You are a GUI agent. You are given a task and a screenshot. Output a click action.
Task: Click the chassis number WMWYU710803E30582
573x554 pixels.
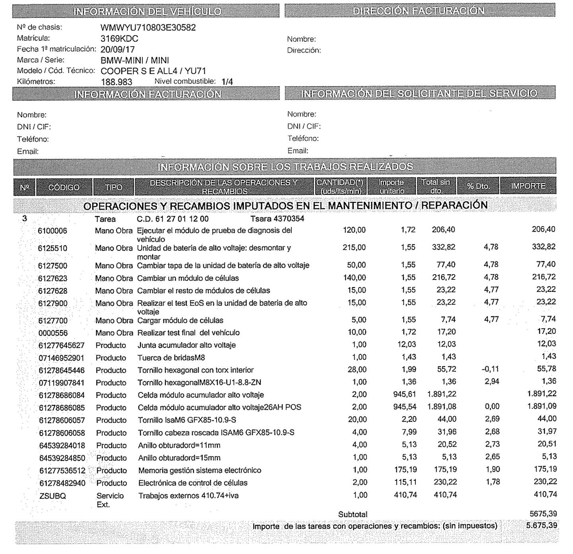(x=148, y=28)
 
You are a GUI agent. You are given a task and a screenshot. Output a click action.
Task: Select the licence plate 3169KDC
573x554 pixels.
(x=119, y=39)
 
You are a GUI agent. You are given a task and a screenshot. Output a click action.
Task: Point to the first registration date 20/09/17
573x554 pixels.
(x=118, y=50)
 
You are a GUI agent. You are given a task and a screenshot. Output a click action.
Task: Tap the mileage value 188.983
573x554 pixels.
(x=117, y=82)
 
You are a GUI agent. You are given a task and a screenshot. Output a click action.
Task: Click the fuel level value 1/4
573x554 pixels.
(x=227, y=82)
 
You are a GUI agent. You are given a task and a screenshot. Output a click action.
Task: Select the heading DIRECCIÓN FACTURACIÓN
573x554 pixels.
(x=419, y=11)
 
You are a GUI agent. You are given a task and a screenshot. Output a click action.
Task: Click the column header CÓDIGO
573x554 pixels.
(x=64, y=187)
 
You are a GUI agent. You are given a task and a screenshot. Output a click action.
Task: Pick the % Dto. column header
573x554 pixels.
(x=477, y=186)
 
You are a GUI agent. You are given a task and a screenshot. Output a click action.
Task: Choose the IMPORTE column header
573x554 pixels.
(x=528, y=186)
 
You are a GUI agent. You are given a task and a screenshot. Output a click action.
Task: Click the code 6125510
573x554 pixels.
(x=53, y=248)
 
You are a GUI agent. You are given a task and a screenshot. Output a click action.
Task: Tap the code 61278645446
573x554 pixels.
(x=62, y=371)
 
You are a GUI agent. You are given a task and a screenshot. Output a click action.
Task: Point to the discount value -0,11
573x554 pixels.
(x=490, y=369)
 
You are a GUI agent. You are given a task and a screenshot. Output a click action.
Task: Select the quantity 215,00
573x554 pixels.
(x=354, y=248)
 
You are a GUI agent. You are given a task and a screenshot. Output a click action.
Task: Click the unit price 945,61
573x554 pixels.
(x=405, y=394)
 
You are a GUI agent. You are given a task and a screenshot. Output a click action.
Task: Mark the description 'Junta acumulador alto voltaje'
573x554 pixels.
(x=187, y=345)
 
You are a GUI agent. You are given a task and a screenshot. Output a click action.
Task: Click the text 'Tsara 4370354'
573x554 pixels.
(x=277, y=219)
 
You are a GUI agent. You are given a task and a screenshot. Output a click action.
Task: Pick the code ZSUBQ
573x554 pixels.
(x=53, y=496)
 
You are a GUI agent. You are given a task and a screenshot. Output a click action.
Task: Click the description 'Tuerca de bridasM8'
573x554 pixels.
(x=172, y=358)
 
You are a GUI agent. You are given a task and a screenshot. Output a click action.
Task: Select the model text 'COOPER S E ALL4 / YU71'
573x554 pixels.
(x=153, y=71)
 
